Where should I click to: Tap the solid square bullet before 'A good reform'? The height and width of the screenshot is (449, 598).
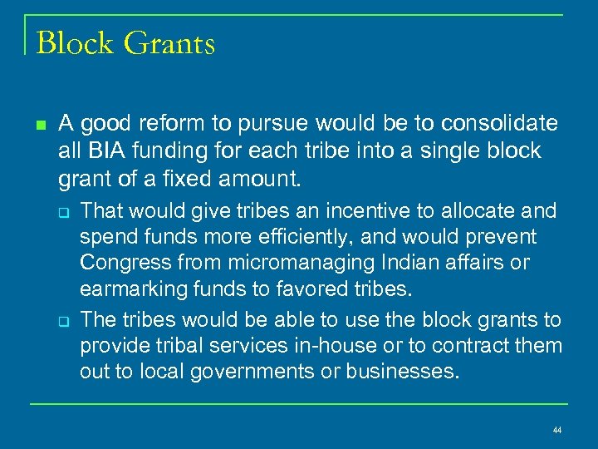point(40,126)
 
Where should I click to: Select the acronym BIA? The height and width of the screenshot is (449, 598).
point(100,151)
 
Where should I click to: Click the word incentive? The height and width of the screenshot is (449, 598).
point(311,211)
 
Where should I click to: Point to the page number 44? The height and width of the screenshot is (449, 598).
point(556,430)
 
